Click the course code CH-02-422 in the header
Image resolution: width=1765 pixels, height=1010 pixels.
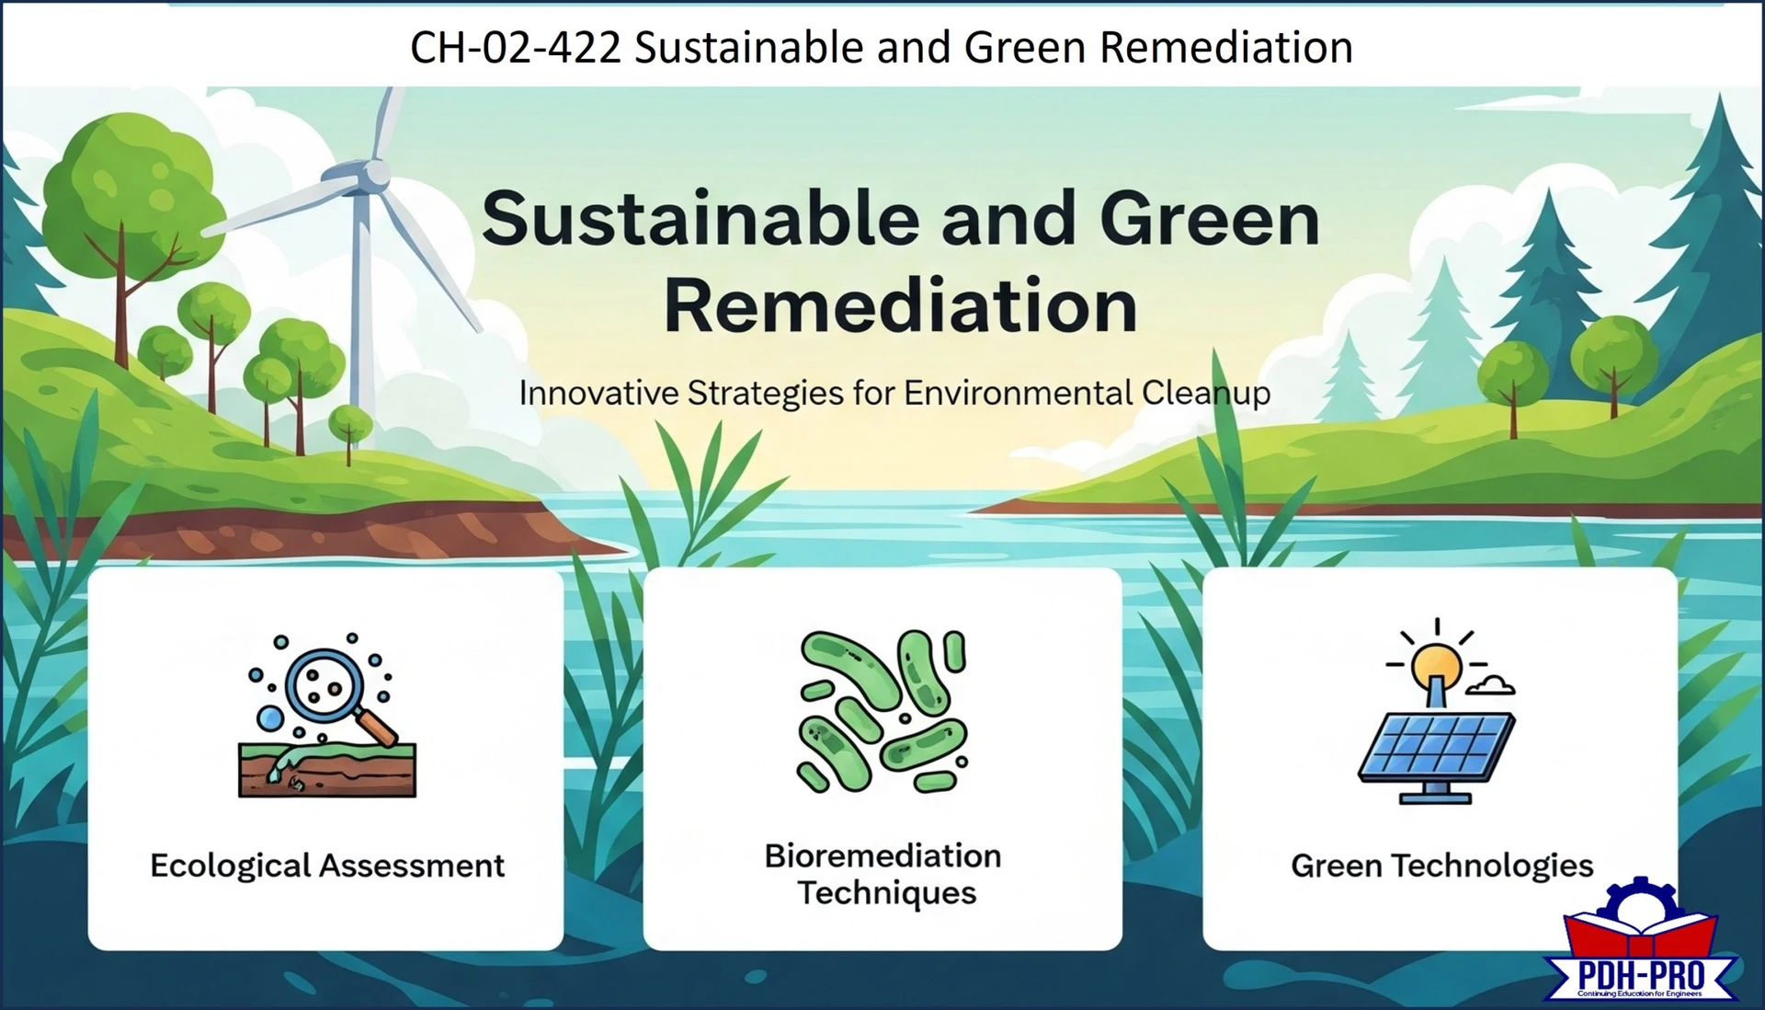pos(515,47)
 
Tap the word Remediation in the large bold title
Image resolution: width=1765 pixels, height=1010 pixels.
pos(900,305)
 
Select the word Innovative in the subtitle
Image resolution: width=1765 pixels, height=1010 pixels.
pos(598,394)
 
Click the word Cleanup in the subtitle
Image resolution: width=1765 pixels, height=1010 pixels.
pos(1205,394)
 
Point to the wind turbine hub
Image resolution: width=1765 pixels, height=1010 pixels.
pos(374,173)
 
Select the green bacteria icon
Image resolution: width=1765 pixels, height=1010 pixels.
pos(882,711)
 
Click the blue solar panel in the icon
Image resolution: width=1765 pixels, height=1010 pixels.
pos(1437,746)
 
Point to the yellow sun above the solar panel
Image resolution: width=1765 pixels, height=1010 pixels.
pos(1437,662)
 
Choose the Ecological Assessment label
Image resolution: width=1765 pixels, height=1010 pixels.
pos(327,866)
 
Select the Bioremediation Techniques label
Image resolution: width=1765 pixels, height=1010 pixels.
pos(883,874)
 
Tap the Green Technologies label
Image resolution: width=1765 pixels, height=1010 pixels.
pos(1441,866)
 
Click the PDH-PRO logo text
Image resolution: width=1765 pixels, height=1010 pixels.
pos(1641,975)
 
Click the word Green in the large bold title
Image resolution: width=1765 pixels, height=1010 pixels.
pos(1209,219)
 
